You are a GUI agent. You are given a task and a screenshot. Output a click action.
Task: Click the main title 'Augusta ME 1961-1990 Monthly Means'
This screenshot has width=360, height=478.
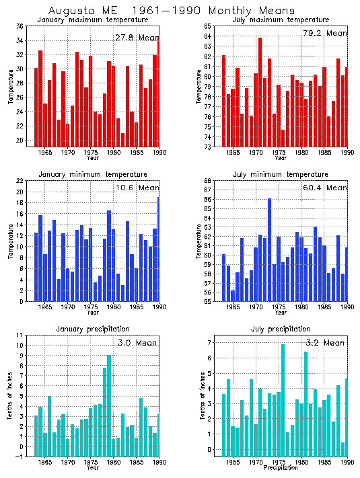[x=172, y=11]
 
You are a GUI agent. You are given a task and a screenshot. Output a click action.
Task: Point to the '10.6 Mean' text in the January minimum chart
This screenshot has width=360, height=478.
[x=137, y=188]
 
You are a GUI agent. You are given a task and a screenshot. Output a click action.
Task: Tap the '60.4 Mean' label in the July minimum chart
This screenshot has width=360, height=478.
[x=325, y=188]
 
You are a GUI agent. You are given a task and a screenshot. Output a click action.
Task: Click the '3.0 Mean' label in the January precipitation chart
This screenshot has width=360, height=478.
[x=138, y=343]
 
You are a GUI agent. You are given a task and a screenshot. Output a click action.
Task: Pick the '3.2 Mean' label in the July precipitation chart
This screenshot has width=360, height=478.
[x=325, y=343]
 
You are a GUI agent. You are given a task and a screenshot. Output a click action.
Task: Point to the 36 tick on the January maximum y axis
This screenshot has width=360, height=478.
[x=20, y=26]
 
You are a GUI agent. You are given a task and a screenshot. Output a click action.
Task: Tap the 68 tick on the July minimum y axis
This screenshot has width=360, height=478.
[x=208, y=181]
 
